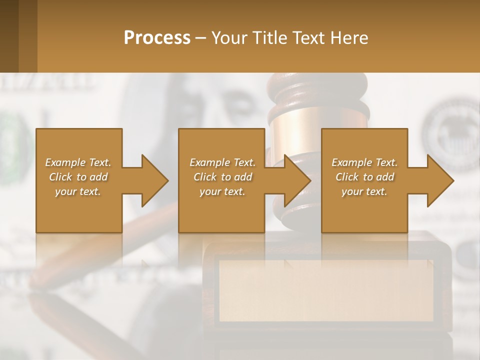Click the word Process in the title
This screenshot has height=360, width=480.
(x=157, y=38)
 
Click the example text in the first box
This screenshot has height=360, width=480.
(x=78, y=177)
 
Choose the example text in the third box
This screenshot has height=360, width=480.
(x=364, y=177)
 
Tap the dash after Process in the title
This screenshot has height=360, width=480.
(x=201, y=38)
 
